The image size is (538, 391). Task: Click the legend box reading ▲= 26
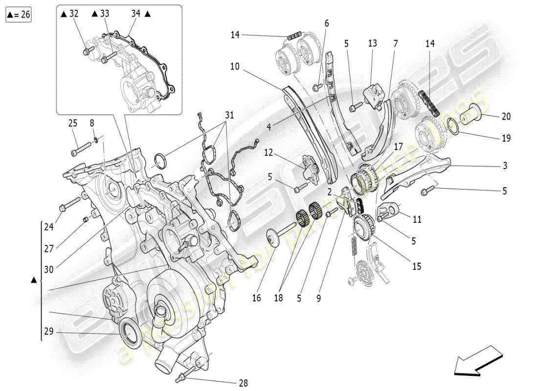(19, 15)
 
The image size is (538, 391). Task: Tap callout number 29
(48, 332)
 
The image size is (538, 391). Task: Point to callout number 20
(506, 116)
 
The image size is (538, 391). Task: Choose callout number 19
(506, 138)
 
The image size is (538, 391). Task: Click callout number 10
(235, 66)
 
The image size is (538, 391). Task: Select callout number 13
(373, 43)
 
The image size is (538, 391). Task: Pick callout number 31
(229, 115)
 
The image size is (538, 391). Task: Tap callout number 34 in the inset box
(136, 14)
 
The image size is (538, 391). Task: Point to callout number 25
(73, 124)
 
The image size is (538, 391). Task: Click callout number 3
(504, 166)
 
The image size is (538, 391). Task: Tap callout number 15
(416, 267)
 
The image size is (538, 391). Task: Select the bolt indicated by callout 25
(81, 148)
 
